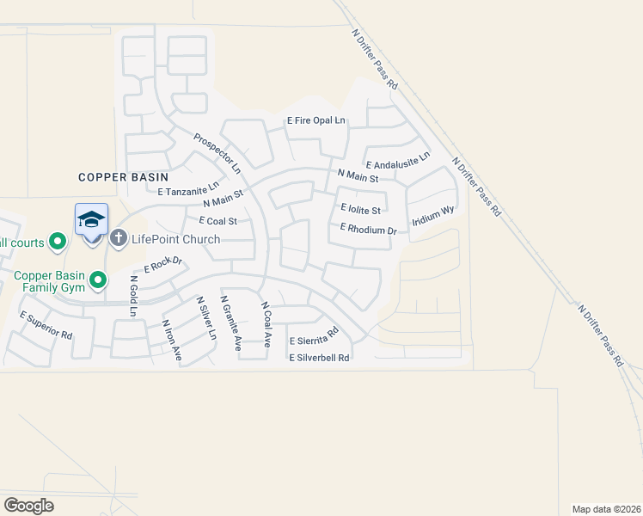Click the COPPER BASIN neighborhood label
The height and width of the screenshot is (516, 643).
tap(123, 176)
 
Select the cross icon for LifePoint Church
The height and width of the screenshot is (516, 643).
tap(119, 238)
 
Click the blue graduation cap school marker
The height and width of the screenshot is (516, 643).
tap(91, 221)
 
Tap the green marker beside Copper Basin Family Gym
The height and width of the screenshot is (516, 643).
tap(99, 279)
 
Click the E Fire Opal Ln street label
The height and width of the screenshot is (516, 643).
tap(315, 120)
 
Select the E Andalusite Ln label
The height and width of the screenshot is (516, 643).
tap(397, 162)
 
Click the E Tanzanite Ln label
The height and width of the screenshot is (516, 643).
tap(188, 189)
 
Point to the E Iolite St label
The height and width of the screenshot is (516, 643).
tap(360, 208)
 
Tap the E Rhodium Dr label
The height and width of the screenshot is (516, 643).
tap(368, 230)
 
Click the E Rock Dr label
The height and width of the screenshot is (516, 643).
tap(163, 265)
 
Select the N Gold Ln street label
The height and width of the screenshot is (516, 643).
tap(133, 296)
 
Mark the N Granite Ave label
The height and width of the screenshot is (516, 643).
tap(231, 323)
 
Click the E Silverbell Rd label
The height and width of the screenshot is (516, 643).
tap(319, 357)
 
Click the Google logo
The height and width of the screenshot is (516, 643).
tap(29, 505)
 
